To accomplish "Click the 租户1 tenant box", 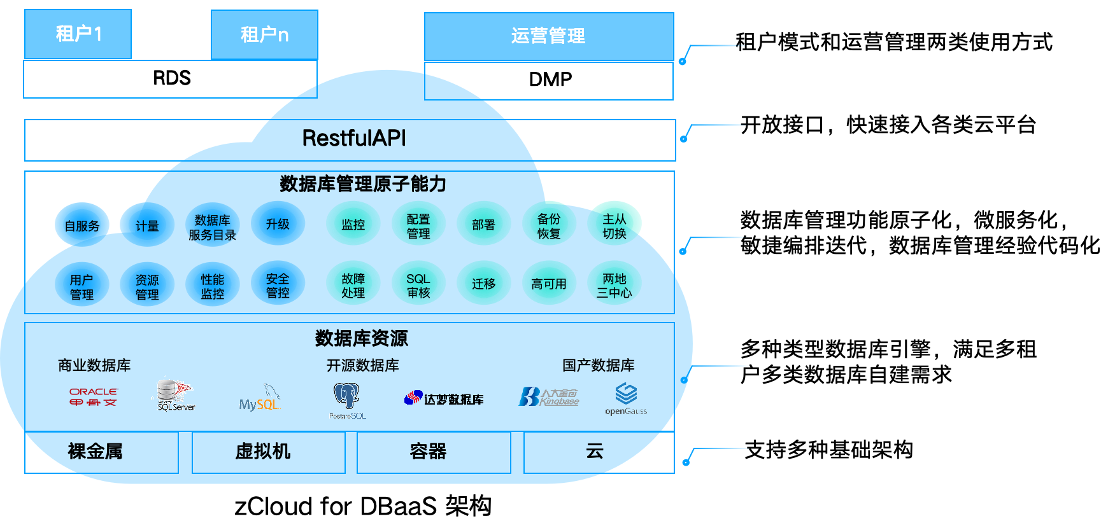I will pos(78,34).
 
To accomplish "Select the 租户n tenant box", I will pos(264,34).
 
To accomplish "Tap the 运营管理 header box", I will pos(548,36).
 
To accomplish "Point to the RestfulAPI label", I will pos(353,138).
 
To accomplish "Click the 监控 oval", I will pos(353,225).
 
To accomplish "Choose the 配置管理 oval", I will pos(418,226).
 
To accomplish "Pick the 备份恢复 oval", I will pos(549,226).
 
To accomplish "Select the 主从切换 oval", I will pos(614,226).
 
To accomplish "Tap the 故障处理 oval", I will pos(353,286).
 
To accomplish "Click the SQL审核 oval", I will pos(418,286).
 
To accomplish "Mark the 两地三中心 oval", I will pos(614,286).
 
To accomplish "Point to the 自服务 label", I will pos(82,226).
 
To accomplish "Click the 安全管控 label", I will pos(278,286).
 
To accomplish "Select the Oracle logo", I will pos(93,397).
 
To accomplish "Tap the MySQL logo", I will pos(260,399).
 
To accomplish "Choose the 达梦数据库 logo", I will pos(444,399).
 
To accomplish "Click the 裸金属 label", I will pos(95,452).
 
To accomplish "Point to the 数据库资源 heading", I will pos(361,338).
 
